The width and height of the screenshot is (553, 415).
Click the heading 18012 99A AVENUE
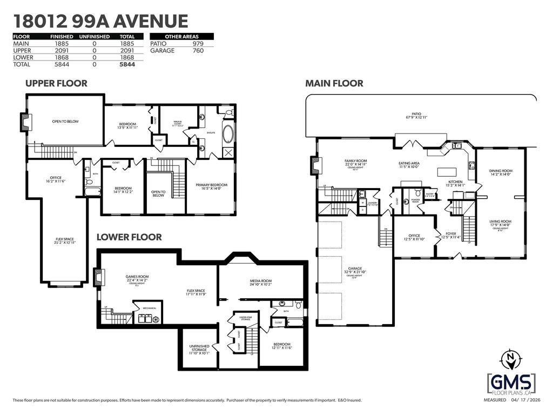pos(100,21)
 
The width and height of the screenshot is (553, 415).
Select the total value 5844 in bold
pos(126,64)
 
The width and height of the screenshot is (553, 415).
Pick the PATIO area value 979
pos(198,44)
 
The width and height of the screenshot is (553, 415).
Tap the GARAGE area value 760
pos(198,51)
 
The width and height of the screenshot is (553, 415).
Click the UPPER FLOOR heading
pos(56,83)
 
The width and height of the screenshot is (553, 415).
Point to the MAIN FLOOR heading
pos(334,83)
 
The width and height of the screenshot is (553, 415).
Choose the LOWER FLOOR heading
pos(129,237)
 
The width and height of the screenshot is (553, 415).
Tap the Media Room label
pos(261,282)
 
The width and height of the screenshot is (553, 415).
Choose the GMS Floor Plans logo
pos(511,384)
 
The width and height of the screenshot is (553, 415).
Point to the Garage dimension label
pos(355,271)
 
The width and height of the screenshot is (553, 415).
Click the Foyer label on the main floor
pos(450,235)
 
